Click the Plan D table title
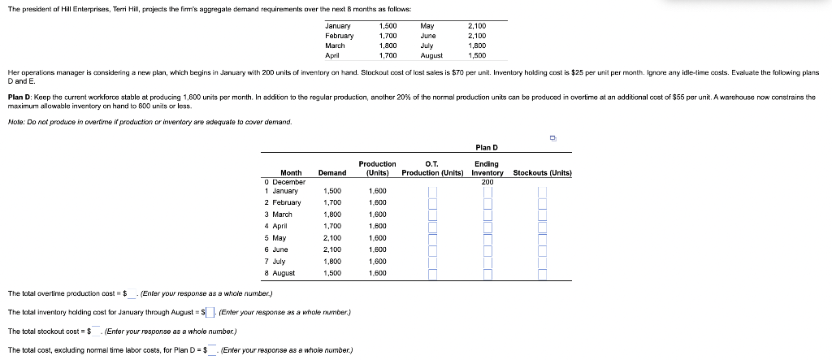[486, 147]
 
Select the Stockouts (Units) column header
[542, 172]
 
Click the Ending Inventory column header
[487, 168]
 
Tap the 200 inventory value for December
[487, 181]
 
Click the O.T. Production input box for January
[432, 192]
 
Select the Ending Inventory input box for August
[487, 274]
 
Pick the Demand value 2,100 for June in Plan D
[331, 249]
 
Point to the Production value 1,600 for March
[378, 214]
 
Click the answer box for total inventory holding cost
[210, 312]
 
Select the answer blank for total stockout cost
[96, 331]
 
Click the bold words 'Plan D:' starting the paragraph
[20, 96]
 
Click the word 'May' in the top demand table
[427, 26]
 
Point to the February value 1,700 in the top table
[388, 36]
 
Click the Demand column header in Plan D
[331, 172]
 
